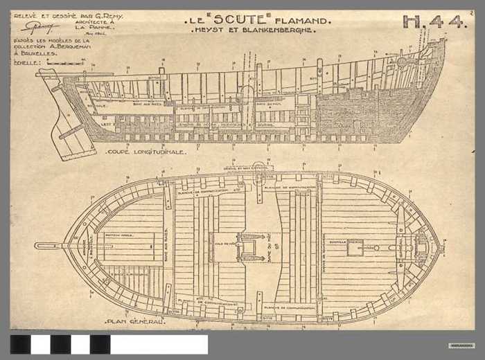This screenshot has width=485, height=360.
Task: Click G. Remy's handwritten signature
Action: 40,27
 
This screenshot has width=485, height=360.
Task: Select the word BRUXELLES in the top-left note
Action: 38,53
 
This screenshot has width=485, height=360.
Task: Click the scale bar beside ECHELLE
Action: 61,62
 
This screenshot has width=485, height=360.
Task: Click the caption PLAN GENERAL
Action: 135,321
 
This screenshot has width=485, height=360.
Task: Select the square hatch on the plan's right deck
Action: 355,247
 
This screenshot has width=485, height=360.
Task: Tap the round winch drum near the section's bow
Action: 402,62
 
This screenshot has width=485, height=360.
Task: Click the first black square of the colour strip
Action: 20,344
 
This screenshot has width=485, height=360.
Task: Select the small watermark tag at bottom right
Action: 461,345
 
